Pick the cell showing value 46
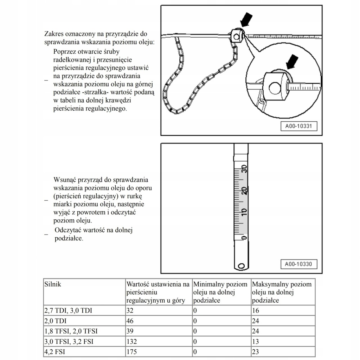(130, 321)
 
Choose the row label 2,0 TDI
(56, 321)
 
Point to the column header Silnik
(53, 284)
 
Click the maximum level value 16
(256, 311)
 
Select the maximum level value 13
(256, 341)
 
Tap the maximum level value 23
(256, 352)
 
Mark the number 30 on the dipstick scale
(244, 169)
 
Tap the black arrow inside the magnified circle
(292, 62)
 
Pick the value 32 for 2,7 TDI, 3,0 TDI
(130, 311)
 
